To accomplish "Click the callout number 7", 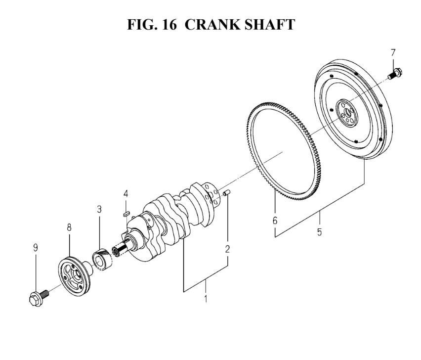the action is click(393, 52).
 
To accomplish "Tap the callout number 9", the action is click(36, 248).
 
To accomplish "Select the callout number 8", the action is click(69, 227).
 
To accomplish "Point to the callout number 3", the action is click(99, 209).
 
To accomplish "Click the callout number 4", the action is click(126, 194).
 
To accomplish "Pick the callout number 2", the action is click(227, 249).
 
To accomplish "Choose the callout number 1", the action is click(206, 299).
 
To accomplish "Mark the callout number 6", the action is click(275, 221).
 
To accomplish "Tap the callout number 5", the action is click(319, 232).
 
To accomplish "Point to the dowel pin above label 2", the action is click(227, 192).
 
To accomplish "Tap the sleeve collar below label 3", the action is click(102, 260).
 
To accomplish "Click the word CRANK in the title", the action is click(212, 24).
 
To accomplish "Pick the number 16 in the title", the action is click(169, 24).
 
